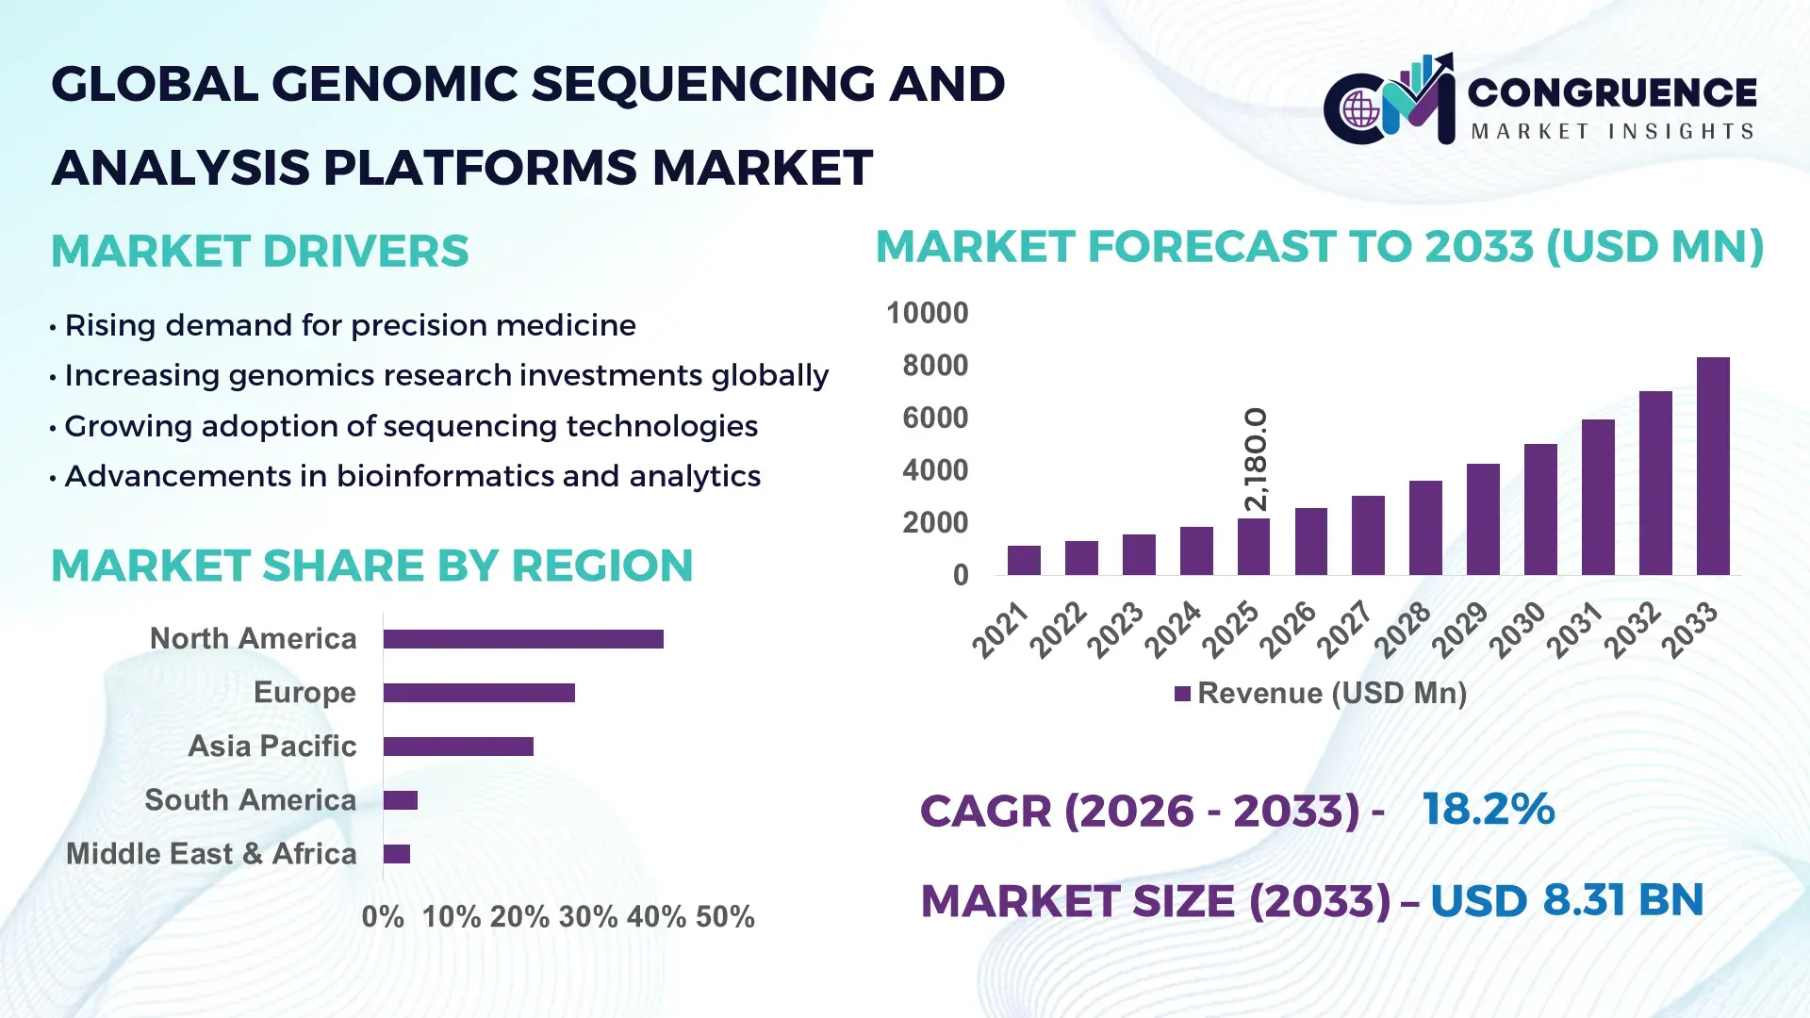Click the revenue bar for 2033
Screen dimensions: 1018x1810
coord(1713,467)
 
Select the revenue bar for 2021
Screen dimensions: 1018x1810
coord(1024,560)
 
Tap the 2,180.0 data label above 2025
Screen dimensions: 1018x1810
coord(1256,460)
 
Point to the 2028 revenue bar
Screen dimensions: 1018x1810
coord(1425,528)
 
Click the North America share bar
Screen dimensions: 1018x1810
coord(523,639)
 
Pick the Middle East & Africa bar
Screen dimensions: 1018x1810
coord(397,854)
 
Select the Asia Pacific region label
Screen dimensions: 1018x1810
coord(271,747)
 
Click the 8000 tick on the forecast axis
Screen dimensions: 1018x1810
coord(934,366)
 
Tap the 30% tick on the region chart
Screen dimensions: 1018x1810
coord(587,917)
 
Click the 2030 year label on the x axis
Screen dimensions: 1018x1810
coord(1519,630)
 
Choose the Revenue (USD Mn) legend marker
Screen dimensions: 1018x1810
coord(1182,694)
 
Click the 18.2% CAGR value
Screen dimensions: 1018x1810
coord(1488,810)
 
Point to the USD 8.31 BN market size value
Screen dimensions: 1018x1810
coord(1567,900)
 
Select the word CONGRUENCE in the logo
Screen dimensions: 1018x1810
coord(1612,92)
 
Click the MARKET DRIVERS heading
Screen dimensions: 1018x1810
coord(260,252)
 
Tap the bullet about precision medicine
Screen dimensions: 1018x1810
coord(350,325)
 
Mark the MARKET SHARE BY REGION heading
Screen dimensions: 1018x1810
coord(372,566)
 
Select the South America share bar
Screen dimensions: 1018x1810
coord(401,800)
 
